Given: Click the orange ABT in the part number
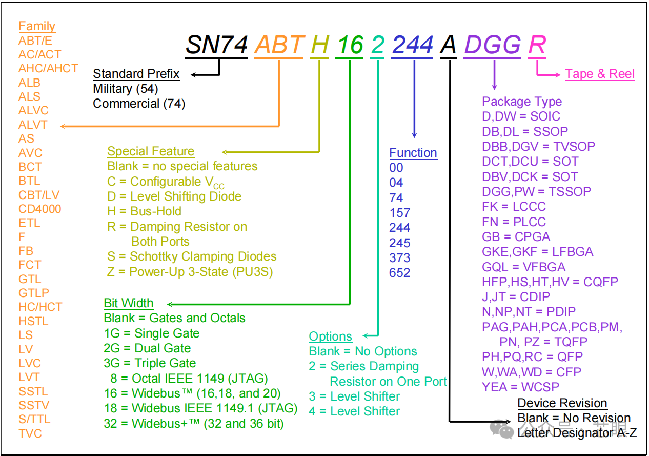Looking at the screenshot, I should (x=279, y=45).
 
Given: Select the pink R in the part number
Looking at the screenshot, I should (x=537, y=45).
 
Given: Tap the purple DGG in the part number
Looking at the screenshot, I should (x=493, y=45).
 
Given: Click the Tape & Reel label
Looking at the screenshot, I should (x=600, y=74).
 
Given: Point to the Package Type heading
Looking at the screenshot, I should (x=522, y=102).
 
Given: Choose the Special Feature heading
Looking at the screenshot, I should (x=151, y=151).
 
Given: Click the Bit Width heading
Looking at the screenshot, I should (x=129, y=303).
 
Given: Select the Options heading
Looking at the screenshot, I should (x=331, y=336).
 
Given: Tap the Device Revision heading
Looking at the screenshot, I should (x=562, y=403).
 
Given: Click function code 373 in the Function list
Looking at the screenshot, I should (x=399, y=257).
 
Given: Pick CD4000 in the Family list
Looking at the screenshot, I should (x=40, y=209).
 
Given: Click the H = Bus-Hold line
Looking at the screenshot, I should (x=145, y=211).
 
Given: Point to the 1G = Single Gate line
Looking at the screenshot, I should (x=152, y=333).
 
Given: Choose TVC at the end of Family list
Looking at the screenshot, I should (x=30, y=433).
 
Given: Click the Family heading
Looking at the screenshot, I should (x=37, y=26).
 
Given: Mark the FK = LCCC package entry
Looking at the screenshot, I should (x=514, y=207).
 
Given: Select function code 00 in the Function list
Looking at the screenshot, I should (x=396, y=168).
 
